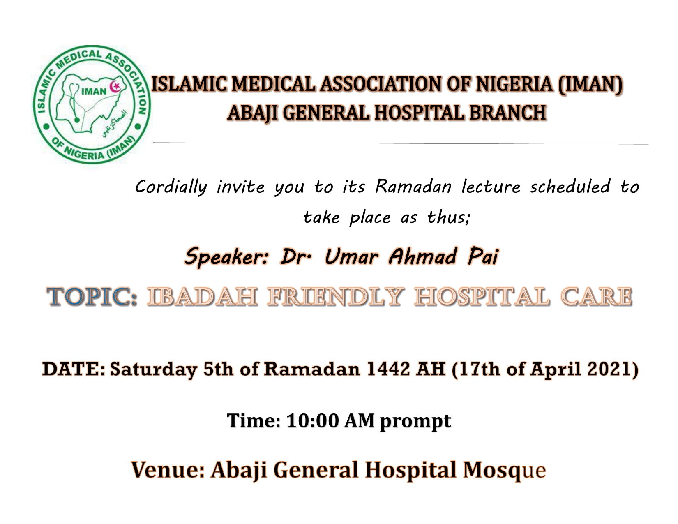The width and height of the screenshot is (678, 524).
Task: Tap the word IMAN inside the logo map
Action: pyautogui.click(x=94, y=91)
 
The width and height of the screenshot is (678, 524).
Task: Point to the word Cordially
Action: pyautogui.click(x=171, y=187)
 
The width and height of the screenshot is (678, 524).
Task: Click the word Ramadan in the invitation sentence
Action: pyautogui.click(x=413, y=187)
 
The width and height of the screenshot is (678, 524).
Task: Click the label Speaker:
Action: pyautogui.click(x=226, y=256)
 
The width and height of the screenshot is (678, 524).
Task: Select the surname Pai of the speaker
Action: pyautogui.click(x=483, y=256)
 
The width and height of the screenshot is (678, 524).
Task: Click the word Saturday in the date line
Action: pyautogui.click(x=154, y=369)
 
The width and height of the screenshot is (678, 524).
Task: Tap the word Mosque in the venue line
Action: pyautogui.click(x=504, y=470)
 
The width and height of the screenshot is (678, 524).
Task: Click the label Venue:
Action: pyautogui.click(x=168, y=469)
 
